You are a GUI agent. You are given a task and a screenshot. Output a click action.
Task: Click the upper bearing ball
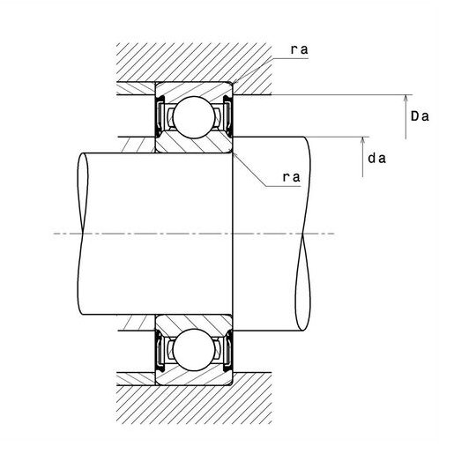pyautogui.click(x=194, y=117)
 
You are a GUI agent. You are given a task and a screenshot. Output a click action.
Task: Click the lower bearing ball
pyautogui.click(x=194, y=350)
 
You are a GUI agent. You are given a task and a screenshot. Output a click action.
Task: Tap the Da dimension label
pyautogui.click(x=420, y=116)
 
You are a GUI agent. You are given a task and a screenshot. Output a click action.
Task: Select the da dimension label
pyautogui.click(x=376, y=159)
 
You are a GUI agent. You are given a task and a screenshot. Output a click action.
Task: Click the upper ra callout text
pyautogui.click(x=300, y=49)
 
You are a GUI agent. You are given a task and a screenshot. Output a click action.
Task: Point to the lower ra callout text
pyautogui.click(x=292, y=177)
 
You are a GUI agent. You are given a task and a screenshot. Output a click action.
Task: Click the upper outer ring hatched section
pyautogui.click(x=193, y=89)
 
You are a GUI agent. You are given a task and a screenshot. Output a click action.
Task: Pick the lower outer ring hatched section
pyautogui.click(x=193, y=378)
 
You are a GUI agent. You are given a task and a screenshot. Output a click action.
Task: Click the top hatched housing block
pyautogui.click(x=194, y=63)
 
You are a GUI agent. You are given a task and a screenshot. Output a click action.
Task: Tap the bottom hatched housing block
pyautogui.click(x=194, y=405)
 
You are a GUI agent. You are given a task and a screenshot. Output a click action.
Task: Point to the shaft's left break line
pyautogui.click(x=83, y=234)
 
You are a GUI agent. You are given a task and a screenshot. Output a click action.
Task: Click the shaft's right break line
pyautogui.click(x=303, y=234)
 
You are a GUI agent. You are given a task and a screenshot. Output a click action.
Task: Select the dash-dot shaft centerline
pyautogui.click(x=194, y=234)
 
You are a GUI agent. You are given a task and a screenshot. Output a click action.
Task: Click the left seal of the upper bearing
pyautogui.click(x=159, y=116)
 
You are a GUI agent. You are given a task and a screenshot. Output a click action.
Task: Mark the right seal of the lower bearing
pyautogui.click(x=228, y=350)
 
